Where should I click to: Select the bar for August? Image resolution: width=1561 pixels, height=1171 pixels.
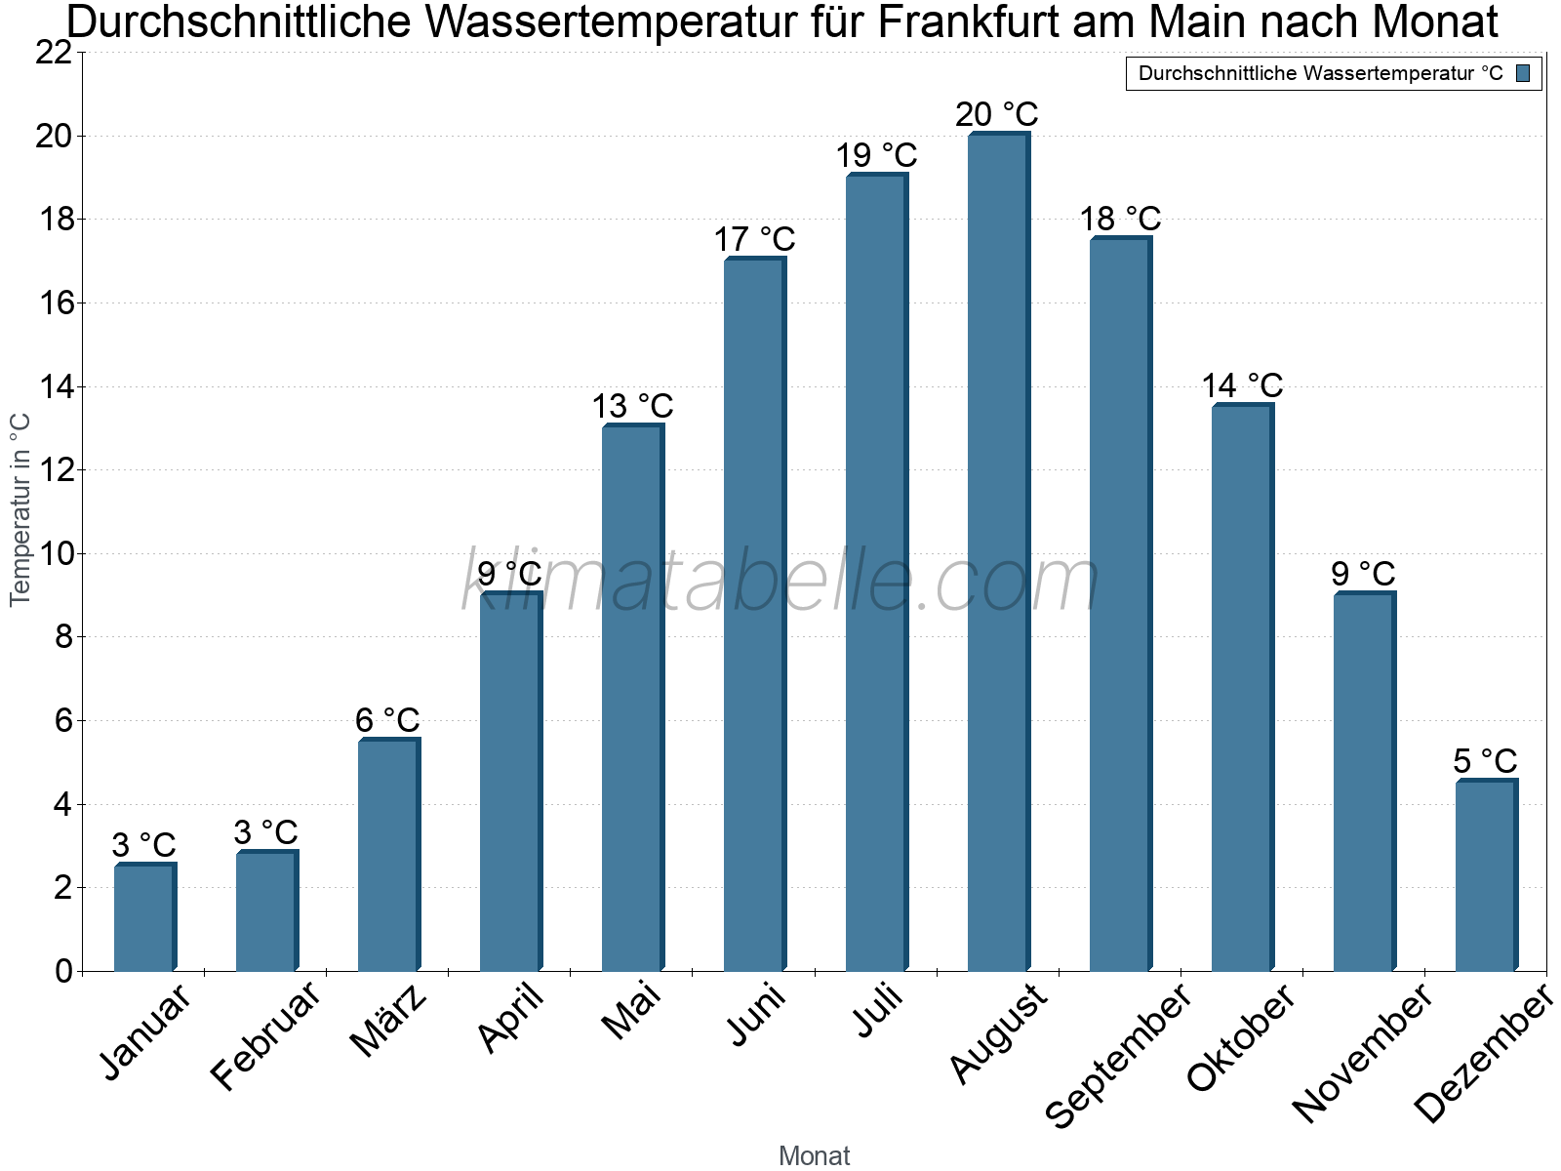(997, 551)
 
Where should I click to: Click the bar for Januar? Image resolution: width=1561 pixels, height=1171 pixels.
(143, 917)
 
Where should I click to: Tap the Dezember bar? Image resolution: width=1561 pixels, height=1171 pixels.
(1485, 875)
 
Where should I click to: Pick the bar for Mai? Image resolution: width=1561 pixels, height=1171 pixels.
(631, 698)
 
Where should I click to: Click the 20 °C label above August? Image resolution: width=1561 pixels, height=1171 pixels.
(997, 114)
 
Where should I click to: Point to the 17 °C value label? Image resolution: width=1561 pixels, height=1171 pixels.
(754, 239)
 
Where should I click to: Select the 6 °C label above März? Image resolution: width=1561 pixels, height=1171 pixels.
(387, 720)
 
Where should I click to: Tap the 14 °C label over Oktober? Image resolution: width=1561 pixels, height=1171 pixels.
(1242, 385)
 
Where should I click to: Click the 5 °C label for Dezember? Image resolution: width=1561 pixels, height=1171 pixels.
(1485, 760)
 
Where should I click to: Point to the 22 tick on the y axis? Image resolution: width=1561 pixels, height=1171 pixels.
(54, 52)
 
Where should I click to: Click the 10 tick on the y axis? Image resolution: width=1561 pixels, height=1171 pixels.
(54, 553)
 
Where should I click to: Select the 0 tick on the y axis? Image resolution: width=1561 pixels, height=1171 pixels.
(64, 971)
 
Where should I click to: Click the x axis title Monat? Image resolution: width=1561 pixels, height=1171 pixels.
(814, 1155)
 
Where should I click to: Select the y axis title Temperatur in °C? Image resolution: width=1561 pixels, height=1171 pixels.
(20, 509)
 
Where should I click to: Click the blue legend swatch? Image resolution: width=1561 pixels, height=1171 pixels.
(1523, 73)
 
